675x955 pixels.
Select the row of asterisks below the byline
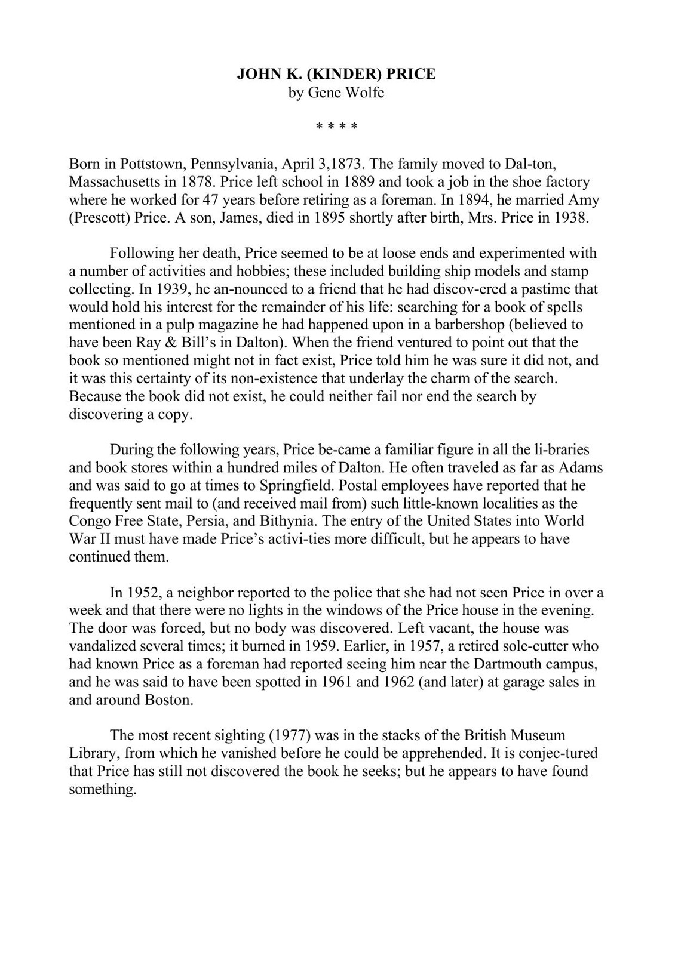pos(337,127)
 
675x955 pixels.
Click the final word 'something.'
pos(103,789)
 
